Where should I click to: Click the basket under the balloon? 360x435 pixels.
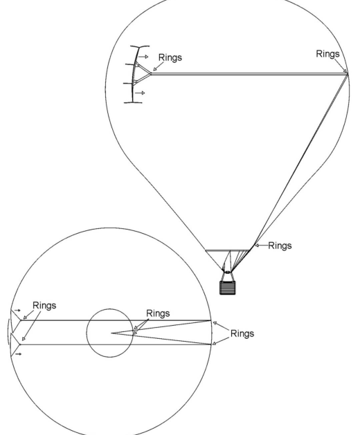click(x=228, y=288)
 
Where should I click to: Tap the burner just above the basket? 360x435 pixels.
click(x=228, y=272)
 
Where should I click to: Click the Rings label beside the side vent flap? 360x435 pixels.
click(x=170, y=57)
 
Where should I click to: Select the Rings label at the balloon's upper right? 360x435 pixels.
click(x=327, y=54)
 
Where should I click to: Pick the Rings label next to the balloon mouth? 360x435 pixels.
click(x=280, y=246)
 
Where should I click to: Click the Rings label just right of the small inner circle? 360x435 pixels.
click(x=158, y=313)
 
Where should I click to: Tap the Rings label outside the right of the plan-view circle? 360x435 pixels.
click(x=242, y=333)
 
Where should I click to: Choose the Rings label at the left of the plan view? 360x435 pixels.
click(x=44, y=306)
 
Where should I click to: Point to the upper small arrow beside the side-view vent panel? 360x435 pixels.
click(x=143, y=57)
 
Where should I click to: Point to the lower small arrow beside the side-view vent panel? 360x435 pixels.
click(x=140, y=93)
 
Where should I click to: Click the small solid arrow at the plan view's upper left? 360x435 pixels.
click(x=17, y=310)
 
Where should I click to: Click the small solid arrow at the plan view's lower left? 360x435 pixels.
click(x=18, y=354)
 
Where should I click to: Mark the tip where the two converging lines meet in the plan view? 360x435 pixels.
click(x=111, y=333)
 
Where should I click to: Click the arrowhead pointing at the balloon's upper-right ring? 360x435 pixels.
click(x=345, y=71)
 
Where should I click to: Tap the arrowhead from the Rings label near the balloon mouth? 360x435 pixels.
click(x=257, y=246)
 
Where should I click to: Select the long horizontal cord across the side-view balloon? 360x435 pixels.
click(x=249, y=74)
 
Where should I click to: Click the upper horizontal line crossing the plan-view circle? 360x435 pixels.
click(x=116, y=320)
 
